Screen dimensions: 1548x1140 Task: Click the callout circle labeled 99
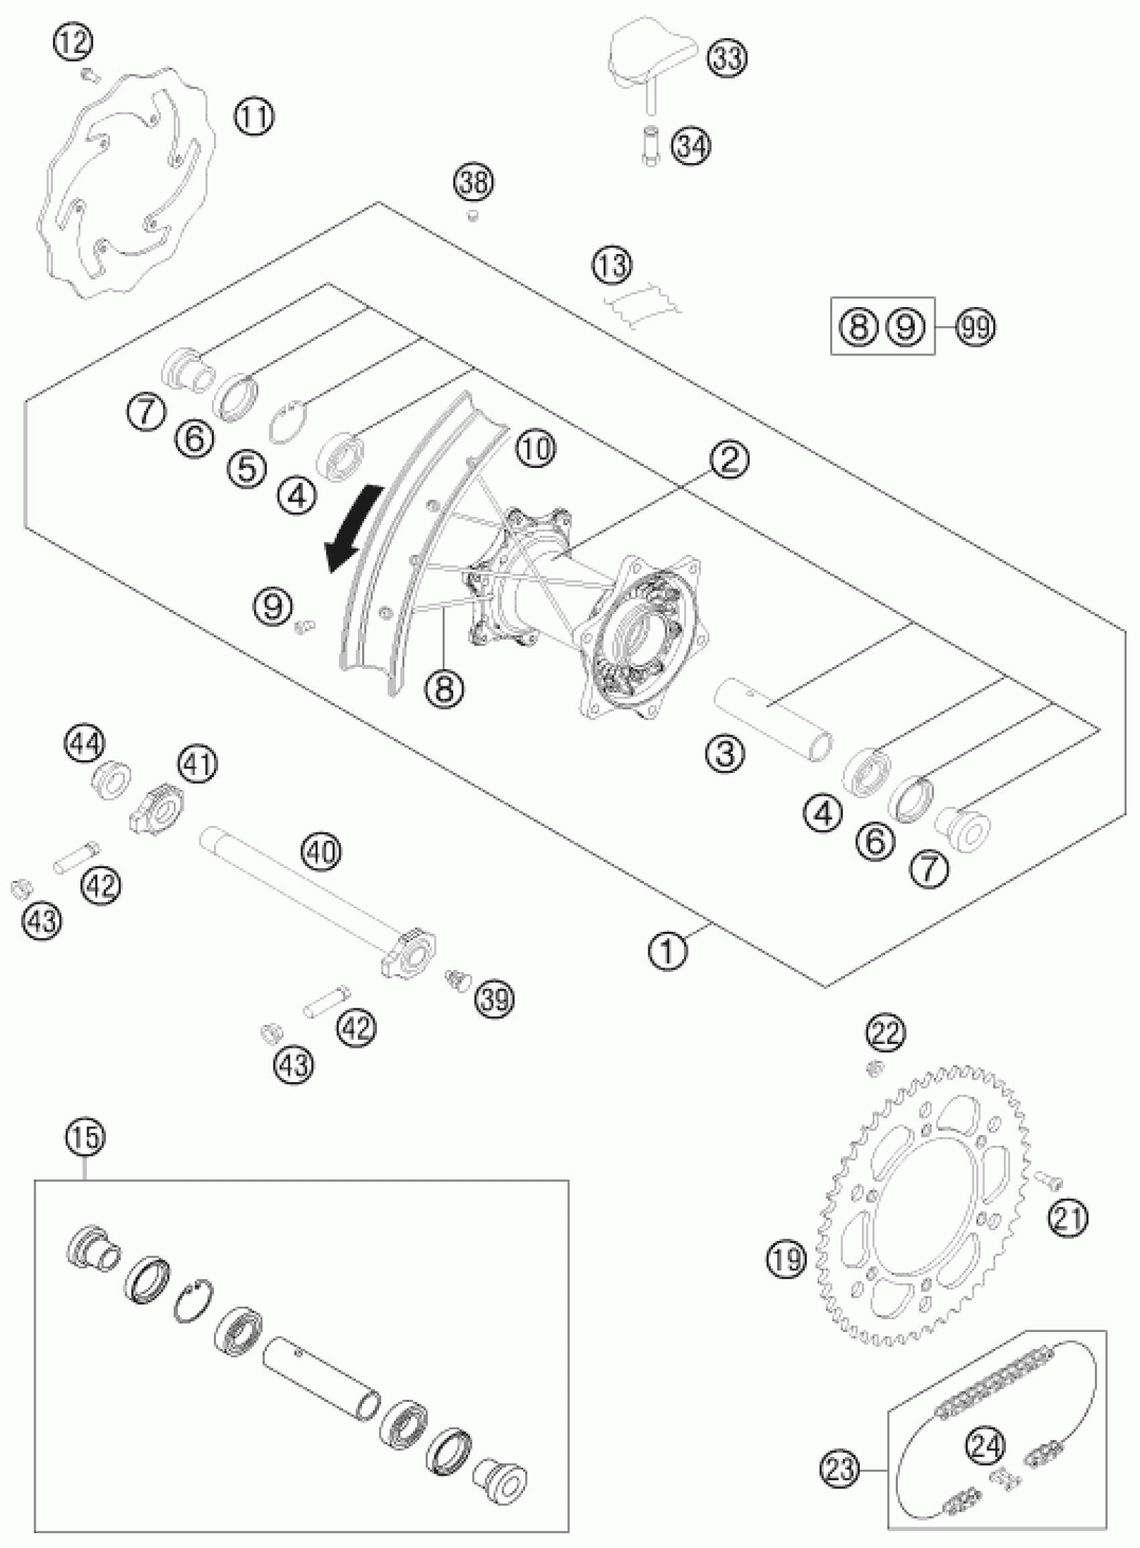(976, 326)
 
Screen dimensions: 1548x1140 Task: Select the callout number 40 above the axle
(323, 853)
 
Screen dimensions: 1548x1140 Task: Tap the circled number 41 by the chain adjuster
(198, 765)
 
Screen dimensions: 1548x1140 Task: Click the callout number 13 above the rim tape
(612, 265)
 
